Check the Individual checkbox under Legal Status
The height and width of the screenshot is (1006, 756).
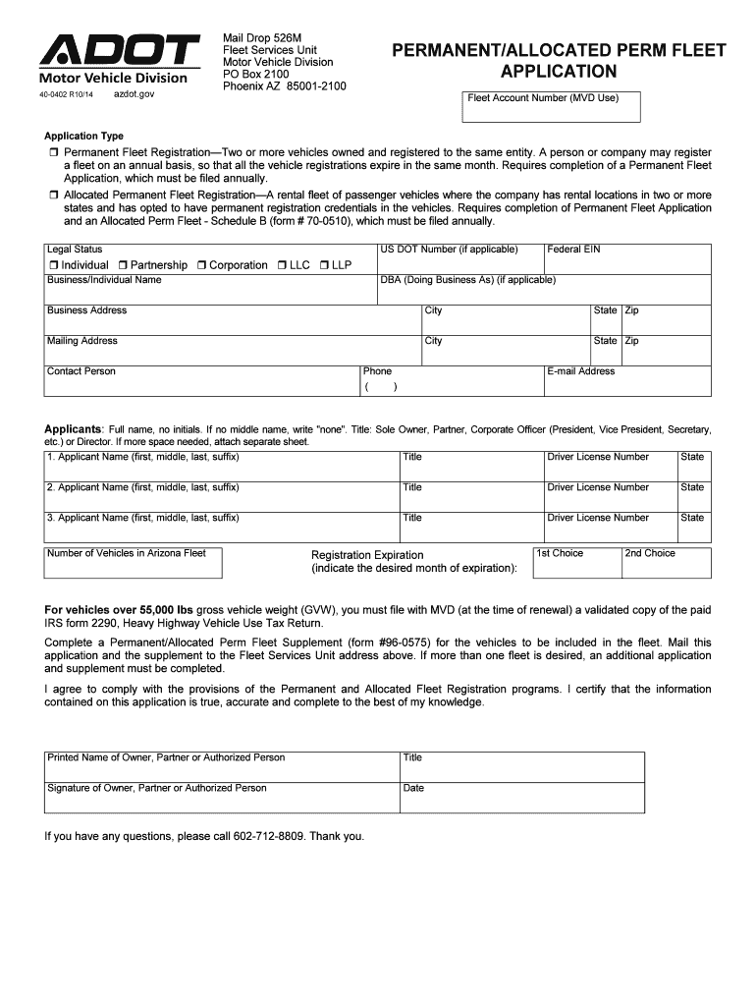53,265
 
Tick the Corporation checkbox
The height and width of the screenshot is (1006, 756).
200,265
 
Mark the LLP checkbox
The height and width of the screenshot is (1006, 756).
324,265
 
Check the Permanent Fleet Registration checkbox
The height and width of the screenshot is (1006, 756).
54,154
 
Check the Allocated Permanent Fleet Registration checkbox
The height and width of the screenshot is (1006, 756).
54,196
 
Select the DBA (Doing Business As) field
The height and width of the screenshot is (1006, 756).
544,294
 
